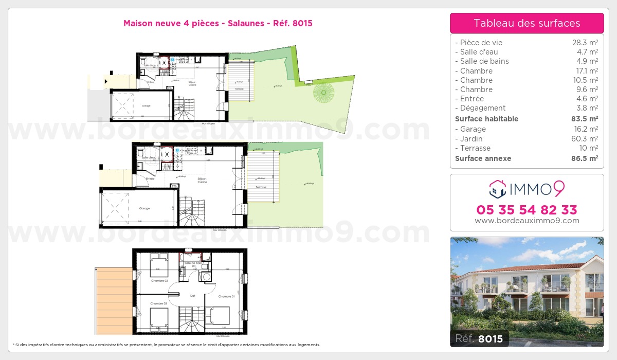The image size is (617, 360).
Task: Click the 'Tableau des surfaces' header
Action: (527, 23)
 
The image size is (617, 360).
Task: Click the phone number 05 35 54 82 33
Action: (527, 210)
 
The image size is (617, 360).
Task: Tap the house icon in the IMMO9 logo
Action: (497, 189)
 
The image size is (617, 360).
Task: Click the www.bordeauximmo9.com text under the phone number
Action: (527, 221)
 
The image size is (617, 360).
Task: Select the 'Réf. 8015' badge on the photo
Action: (479, 338)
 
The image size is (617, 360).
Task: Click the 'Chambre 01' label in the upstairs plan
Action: (226, 296)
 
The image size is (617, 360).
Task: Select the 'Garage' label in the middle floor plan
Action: (144, 208)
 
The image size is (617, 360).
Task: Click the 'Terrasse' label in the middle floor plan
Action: (261, 187)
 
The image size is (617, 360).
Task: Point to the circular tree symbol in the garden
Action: (324, 93)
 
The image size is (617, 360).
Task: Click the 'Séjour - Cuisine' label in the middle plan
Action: (202, 181)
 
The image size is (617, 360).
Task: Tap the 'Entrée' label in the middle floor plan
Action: (150, 178)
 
